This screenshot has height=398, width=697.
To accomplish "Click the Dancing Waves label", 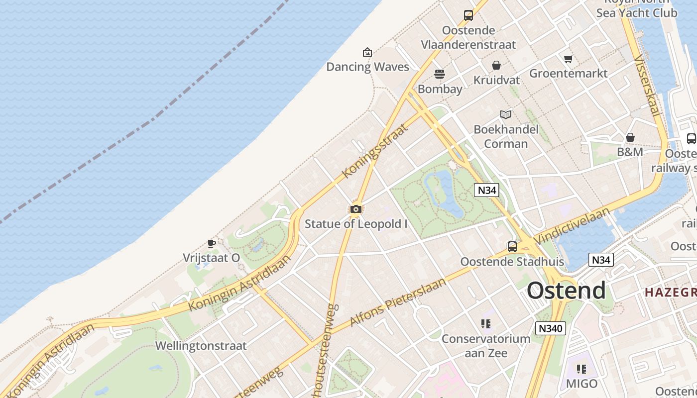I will [x=367, y=67].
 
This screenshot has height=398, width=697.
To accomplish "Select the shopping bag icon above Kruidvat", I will [x=496, y=65].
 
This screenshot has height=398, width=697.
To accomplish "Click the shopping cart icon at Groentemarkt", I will [x=568, y=59].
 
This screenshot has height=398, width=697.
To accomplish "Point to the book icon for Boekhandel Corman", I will [x=506, y=115].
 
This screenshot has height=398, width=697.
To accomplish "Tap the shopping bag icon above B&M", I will [x=630, y=137].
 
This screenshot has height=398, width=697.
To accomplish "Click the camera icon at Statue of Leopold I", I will [x=355, y=209].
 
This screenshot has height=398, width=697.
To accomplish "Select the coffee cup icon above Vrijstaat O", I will [x=212, y=243].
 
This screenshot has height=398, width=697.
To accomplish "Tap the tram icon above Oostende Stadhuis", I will [x=512, y=246].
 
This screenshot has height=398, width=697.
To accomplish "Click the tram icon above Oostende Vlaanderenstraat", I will [x=468, y=15].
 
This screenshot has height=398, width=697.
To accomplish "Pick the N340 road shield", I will [x=551, y=328].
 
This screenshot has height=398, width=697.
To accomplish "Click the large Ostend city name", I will [x=567, y=291].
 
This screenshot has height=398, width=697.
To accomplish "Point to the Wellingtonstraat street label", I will [x=201, y=346].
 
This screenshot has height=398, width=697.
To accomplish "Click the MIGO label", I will [x=581, y=384].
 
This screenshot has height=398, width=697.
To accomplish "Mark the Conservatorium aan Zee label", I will [x=486, y=346].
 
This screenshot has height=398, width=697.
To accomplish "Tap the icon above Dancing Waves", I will [x=367, y=52].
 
